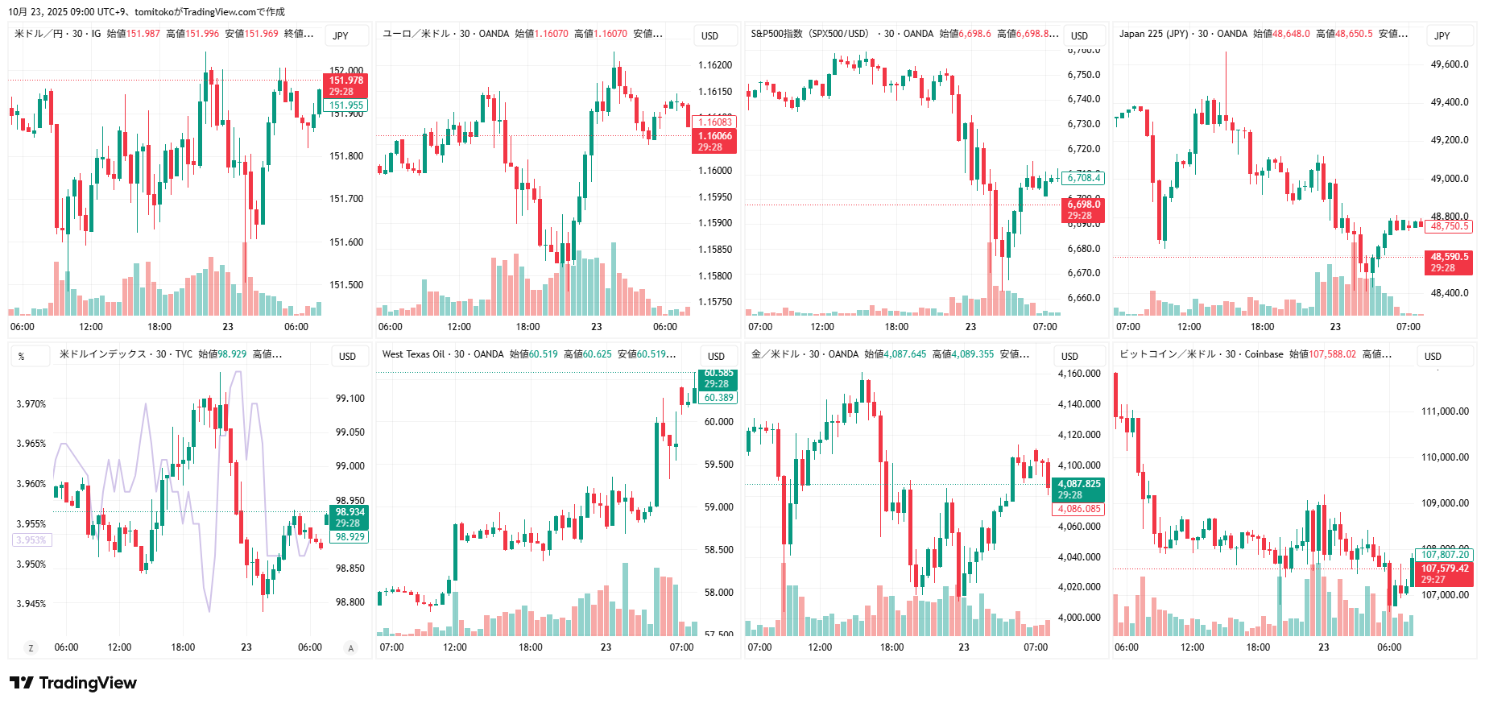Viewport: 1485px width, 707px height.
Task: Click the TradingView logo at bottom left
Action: [73, 683]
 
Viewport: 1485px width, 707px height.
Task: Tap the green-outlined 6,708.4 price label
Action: [1083, 178]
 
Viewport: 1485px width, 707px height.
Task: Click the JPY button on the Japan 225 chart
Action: [1442, 35]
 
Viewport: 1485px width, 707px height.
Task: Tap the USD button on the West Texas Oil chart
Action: [716, 356]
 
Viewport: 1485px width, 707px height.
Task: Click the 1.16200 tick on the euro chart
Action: [715, 65]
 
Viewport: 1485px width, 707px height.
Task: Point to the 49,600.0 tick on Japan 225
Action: [1450, 64]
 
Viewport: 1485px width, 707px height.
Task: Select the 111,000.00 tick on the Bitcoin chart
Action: [1445, 411]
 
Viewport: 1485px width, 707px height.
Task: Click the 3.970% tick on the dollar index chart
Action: [31, 404]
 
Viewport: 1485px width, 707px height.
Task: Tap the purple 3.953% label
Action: [31, 540]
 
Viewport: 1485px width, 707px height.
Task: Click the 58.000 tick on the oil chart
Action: [718, 593]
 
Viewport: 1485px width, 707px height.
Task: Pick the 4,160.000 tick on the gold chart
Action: [1078, 374]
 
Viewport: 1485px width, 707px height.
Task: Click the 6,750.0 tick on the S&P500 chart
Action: [1083, 75]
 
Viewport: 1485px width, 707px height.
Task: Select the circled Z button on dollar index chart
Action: [31, 647]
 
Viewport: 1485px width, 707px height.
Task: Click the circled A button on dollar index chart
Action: [350, 647]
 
